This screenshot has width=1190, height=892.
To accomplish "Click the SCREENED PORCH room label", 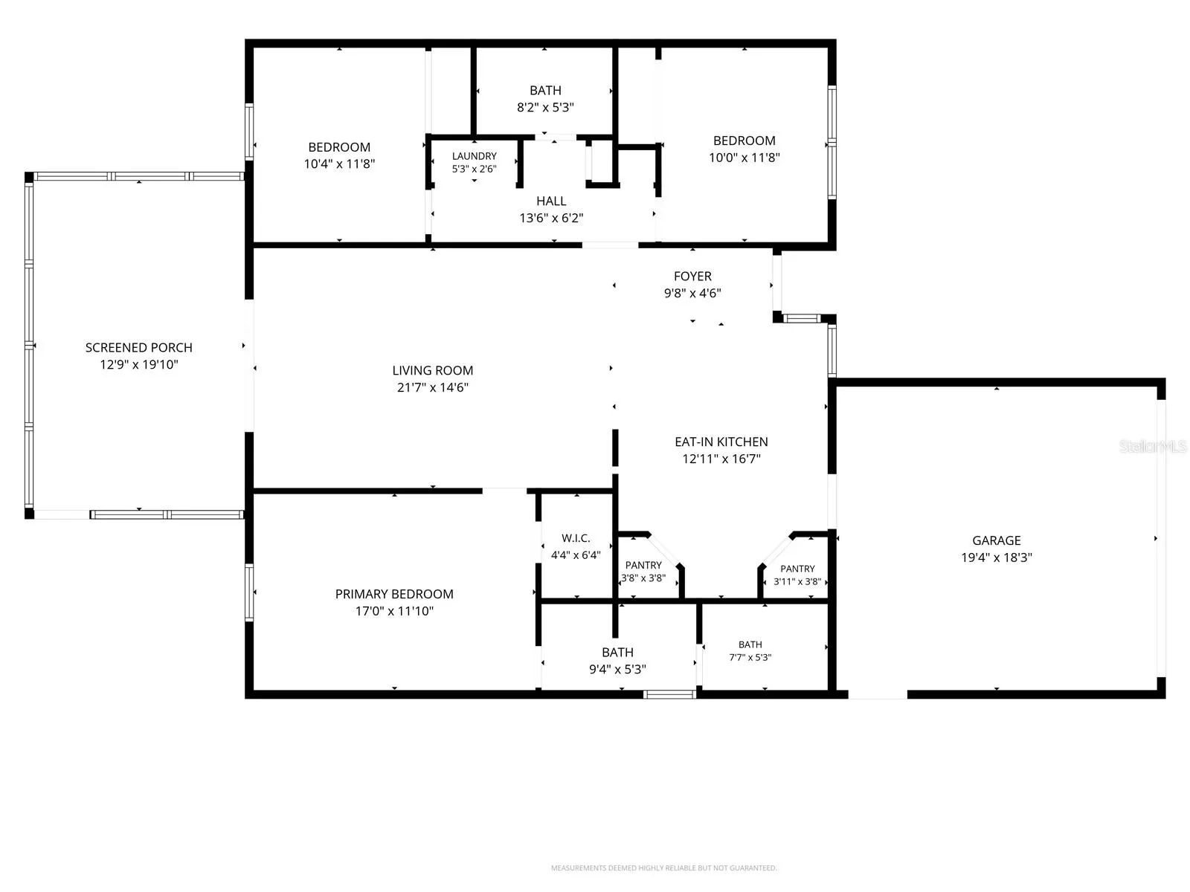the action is tap(139, 347).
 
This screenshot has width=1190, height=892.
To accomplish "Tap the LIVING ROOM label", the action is tap(433, 370).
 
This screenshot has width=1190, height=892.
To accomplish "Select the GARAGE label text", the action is tap(997, 540).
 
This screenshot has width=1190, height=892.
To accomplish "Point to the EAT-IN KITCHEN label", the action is tap(721, 442).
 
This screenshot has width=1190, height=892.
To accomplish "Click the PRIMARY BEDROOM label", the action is tap(394, 594).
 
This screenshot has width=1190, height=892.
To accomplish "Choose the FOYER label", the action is tap(692, 276).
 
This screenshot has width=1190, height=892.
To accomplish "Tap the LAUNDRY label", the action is tap(475, 156).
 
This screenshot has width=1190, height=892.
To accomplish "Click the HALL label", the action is tap(551, 201).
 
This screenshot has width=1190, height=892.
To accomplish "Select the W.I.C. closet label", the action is tap(576, 537).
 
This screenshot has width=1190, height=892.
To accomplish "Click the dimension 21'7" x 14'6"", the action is tap(433, 387).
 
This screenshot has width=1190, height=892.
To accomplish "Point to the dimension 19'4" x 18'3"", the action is tap(997, 557).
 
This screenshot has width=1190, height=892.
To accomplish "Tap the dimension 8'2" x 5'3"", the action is tap(545, 107).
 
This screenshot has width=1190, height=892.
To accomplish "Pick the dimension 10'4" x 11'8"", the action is tap(339, 164).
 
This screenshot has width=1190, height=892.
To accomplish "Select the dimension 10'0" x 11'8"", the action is tap(744, 157).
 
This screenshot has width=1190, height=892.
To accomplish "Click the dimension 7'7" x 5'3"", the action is tap(750, 657).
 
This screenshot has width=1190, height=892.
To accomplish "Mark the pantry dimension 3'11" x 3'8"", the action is tap(797, 581).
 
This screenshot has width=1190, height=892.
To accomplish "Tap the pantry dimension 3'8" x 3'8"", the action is tap(643, 578).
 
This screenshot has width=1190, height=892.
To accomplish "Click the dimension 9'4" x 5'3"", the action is tap(617, 669).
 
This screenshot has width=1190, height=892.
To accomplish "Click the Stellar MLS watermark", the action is tap(1153, 446).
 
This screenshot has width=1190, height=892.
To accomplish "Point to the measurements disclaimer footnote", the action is tap(664, 867).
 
